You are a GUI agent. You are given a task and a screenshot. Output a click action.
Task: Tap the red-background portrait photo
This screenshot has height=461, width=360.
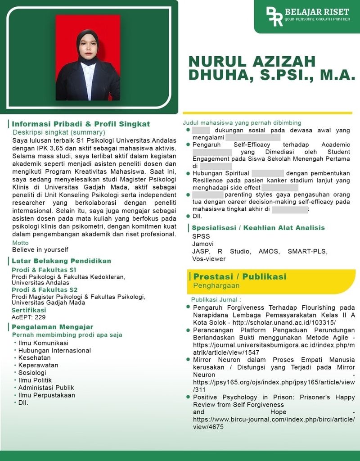click(x=88, y=58)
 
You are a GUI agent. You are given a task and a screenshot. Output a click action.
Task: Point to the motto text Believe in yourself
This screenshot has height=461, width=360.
click(x=40, y=249)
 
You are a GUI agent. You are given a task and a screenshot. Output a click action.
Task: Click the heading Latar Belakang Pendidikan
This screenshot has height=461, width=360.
click(x=61, y=261)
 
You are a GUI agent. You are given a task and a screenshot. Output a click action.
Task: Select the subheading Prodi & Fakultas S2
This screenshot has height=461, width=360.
click(x=45, y=289)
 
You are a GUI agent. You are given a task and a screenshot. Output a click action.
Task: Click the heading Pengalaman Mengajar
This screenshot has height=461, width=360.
click(x=53, y=327)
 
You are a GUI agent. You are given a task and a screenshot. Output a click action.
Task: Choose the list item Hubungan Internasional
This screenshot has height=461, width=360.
click(x=54, y=350)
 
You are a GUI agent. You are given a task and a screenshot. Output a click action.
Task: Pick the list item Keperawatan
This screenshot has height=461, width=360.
click(x=38, y=365)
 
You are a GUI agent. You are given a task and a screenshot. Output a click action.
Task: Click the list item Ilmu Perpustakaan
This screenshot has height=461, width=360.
click(x=47, y=395)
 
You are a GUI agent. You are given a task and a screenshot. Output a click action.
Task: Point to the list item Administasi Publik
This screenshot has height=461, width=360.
click(x=46, y=388)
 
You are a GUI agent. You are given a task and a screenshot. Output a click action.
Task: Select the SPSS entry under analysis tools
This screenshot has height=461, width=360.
click(x=201, y=236)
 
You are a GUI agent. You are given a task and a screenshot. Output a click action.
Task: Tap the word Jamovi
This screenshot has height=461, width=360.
click(x=202, y=244)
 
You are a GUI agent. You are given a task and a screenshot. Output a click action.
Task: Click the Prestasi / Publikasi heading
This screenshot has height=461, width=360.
click(x=240, y=276)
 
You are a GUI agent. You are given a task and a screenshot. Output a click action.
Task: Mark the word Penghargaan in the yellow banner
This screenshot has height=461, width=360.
click(x=216, y=285)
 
